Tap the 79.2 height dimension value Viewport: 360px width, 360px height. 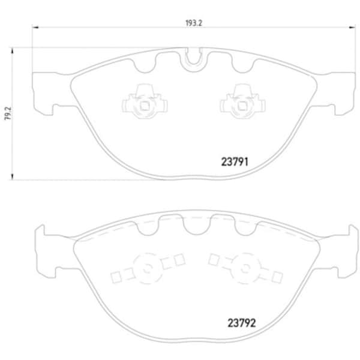point(8,113)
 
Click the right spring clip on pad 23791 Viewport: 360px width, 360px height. point(241,100)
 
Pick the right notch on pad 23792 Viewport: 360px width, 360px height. point(243,227)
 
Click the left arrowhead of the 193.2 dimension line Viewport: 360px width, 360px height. point(34,26)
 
